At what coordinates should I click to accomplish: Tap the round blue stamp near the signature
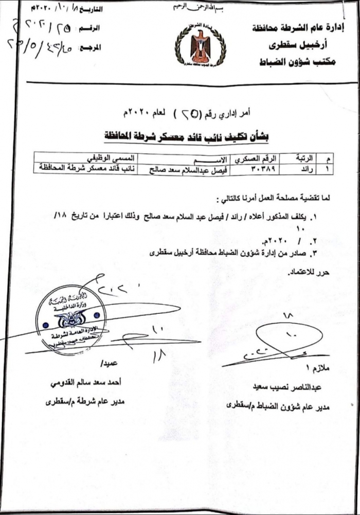click(x=71, y=319)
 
